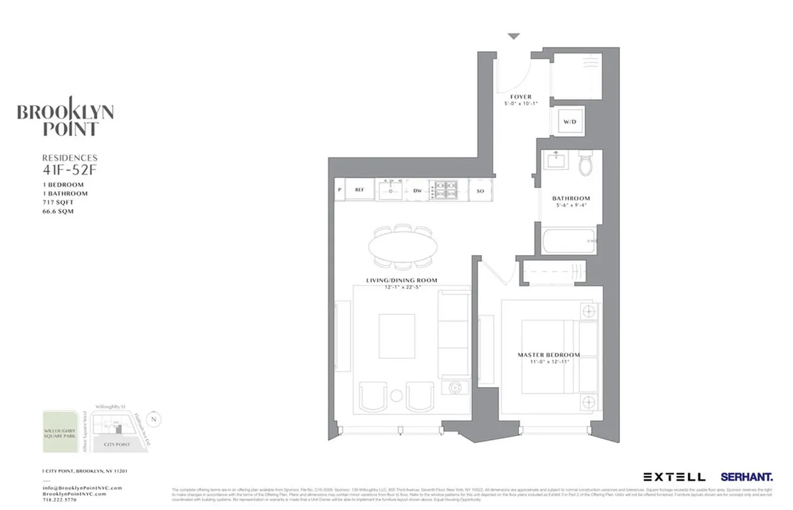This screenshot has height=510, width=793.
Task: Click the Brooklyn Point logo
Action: point(65,120)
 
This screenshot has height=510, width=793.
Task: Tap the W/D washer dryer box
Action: point(569,121)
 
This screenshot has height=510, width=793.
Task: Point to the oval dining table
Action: point(404,245)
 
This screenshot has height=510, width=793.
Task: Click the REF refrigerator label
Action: point(359,189)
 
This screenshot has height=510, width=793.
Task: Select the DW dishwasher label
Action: point(417,189)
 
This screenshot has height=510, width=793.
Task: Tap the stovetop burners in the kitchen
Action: point(444,189)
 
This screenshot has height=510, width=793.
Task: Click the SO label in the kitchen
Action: point(480,189)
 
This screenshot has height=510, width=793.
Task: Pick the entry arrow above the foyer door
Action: point(514,37)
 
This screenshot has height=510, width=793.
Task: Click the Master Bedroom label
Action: point(548,354)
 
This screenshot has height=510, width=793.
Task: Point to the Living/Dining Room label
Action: point(402,280)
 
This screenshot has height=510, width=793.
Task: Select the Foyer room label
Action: point(521,97)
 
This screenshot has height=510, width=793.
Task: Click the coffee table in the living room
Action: point(396,336)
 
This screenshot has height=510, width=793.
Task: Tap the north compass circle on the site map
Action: point(153,419)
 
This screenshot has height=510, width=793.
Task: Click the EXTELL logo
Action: point(674,476)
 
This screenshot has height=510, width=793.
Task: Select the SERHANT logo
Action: point(746,476)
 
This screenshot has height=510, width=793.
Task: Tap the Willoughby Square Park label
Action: point(59,434)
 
